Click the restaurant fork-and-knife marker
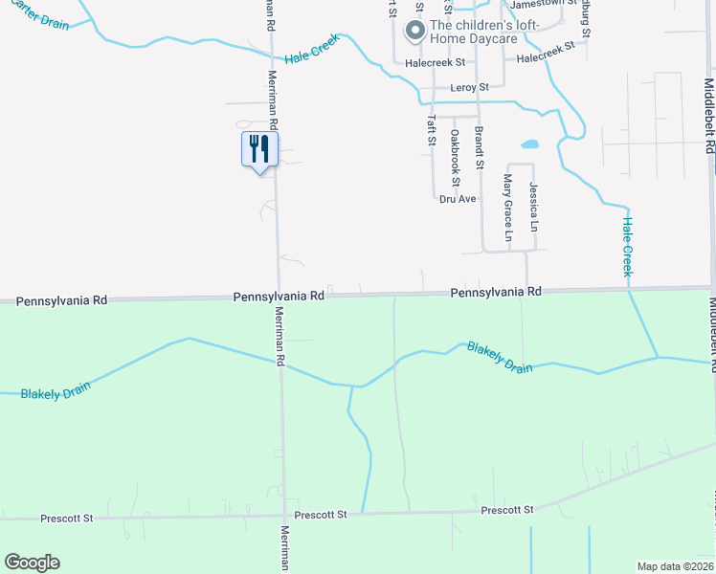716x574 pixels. [x=258, y=150]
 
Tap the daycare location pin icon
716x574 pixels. [x=415, y=32]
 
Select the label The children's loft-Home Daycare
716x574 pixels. [x=485, y=32]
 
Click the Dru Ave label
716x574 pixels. [x=458, y=199]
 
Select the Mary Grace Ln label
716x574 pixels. [x=508, y=208]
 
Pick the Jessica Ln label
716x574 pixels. [x=533, y=208]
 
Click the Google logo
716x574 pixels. [x=32, y=563]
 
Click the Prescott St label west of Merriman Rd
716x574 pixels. [x=66, y=519]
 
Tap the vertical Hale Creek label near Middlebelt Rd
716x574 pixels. [x=628, y=247]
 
